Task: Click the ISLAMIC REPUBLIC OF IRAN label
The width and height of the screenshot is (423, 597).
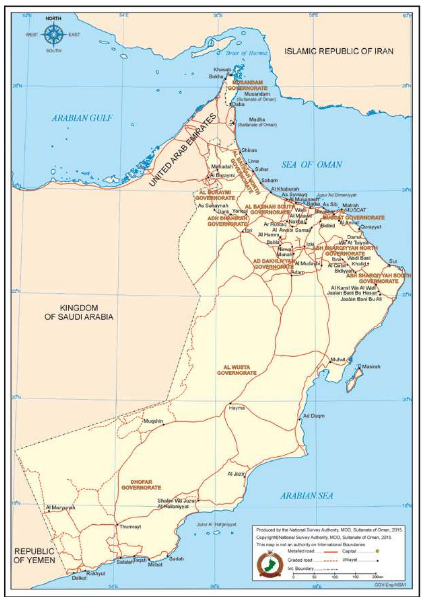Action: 339,51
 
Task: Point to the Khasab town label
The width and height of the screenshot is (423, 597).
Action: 222,69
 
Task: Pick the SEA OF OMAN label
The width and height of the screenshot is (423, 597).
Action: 311,164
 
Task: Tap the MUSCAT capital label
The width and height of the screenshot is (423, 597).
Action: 355,210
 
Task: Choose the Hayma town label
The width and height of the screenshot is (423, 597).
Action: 237,408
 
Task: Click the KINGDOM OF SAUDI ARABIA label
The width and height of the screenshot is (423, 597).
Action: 79,312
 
